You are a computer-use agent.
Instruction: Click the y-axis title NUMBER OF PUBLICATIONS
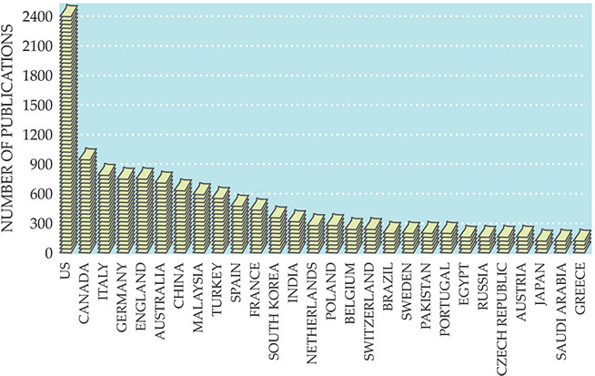[11, 132]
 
